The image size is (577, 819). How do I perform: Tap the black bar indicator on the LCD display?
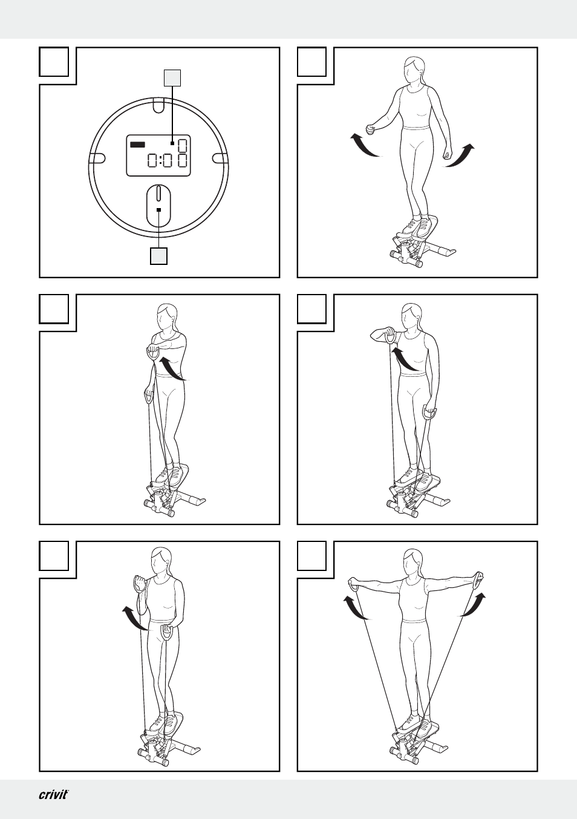pyautogui.click(x=137, y=145)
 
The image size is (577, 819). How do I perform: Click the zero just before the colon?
pyautogui.click(x=153, y=160)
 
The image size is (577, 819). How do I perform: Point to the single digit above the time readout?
pyautogui.click(x=183, y=146)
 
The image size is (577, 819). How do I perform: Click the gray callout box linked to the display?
pyautogui.click(x=172, y=78)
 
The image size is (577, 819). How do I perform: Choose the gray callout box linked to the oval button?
pyautogui.click(x=158, y=256)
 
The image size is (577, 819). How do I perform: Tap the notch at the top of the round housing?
pyautogui.click(x=158, y=105)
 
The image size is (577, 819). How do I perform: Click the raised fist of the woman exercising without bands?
pyautogui.click(x=371, y=129)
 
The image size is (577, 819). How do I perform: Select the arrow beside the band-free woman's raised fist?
pyautogui.click(x=364, y=145)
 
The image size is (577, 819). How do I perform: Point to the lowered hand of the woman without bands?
pyautogui.click(x=447, y=155)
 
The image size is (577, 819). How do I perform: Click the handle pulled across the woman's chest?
pyautogui.click(x=152, y=354)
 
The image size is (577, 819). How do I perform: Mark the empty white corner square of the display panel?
pyautogui.click(x=54, y=62)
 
